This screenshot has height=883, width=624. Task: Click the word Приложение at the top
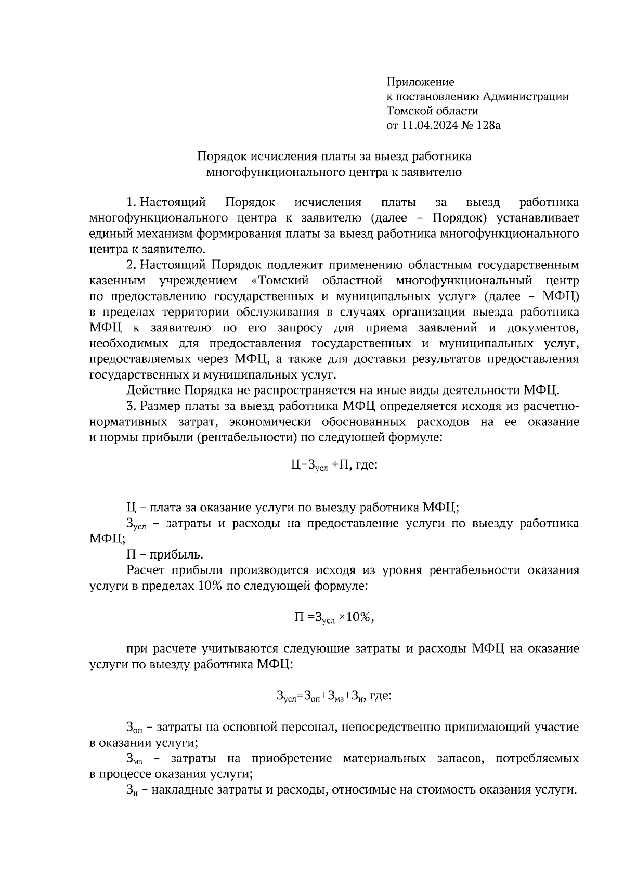point(420,82)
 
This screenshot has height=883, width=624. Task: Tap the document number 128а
point(486,125)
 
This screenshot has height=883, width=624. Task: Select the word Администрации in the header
point(526,96)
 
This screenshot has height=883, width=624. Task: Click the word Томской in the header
point(408,111)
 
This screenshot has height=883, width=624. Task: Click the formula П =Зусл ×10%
point(334,617)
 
